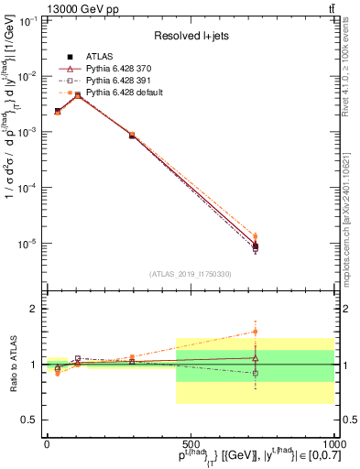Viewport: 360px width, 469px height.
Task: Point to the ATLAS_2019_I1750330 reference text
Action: (191, 274)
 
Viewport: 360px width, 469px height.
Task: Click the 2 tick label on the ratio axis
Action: (31, 309)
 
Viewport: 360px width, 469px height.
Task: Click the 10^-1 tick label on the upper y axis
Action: (26, 20)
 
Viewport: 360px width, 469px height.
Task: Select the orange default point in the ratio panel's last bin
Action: (256, 332)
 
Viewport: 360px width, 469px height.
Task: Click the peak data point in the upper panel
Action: (78, 95)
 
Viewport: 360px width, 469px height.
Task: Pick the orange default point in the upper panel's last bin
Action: (256, 236)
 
